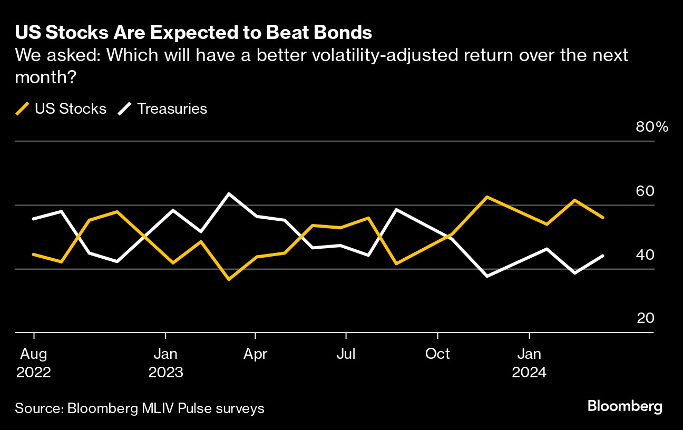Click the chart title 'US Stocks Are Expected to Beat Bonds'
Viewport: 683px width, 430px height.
pos(193,33)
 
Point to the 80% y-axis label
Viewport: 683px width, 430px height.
pos(652,128)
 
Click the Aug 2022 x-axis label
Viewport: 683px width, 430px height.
pos(34,363)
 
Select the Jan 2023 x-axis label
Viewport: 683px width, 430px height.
pos(165,363)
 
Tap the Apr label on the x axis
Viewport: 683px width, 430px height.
pos(256,354)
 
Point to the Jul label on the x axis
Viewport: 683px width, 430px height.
pos(345,354)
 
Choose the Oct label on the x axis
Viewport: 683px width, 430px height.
pos(437,354)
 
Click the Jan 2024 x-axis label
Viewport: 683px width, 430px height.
pos(529,363)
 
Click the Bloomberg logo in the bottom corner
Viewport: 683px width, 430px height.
pos(625,406)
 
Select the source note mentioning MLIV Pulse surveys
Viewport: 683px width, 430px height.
pos(140,408)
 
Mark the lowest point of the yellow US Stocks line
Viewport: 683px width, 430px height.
pos(229,279)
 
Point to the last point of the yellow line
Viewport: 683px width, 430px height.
pos(603,217)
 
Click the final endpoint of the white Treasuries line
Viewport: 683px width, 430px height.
pos(603,256)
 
